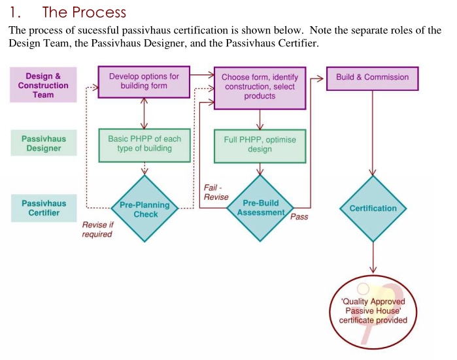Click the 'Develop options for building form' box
143,82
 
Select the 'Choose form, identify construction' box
260,87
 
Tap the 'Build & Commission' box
372,77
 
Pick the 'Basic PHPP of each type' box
144,144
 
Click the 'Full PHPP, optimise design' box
260,145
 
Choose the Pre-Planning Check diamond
144,209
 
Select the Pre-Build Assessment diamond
260,208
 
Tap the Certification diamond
373,208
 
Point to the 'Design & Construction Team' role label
43,86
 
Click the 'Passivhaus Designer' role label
44,144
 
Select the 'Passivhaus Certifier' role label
44,208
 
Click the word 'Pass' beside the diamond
299,217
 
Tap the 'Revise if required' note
97,229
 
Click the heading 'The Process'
84,12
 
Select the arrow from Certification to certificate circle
373,257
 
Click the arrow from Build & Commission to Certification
373,134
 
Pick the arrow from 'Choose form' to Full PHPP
260,120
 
